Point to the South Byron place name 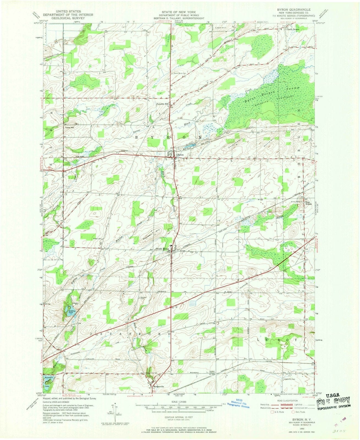point(162,249)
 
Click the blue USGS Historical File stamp point(240,403)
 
